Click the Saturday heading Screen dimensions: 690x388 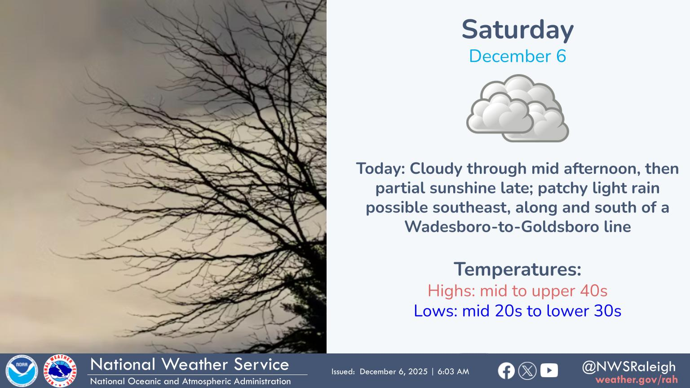517,30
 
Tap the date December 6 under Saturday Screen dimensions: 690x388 517,56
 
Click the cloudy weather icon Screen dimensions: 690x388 517,108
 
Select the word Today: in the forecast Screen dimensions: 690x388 381,169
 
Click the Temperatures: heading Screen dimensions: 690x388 517,269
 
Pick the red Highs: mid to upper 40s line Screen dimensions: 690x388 517,291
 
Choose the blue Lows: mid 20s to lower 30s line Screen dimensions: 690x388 517,311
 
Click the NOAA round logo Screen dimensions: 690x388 22,371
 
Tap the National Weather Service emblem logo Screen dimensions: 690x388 60,371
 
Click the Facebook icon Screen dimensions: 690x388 506,371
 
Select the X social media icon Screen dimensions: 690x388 527,371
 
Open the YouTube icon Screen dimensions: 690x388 549,370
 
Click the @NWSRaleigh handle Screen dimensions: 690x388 629,367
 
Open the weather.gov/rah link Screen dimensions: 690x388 637,379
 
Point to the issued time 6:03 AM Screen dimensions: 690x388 453,372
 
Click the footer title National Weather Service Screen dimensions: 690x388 190,364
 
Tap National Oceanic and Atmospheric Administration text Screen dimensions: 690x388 190,381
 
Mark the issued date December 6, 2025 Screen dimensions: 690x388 394,372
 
